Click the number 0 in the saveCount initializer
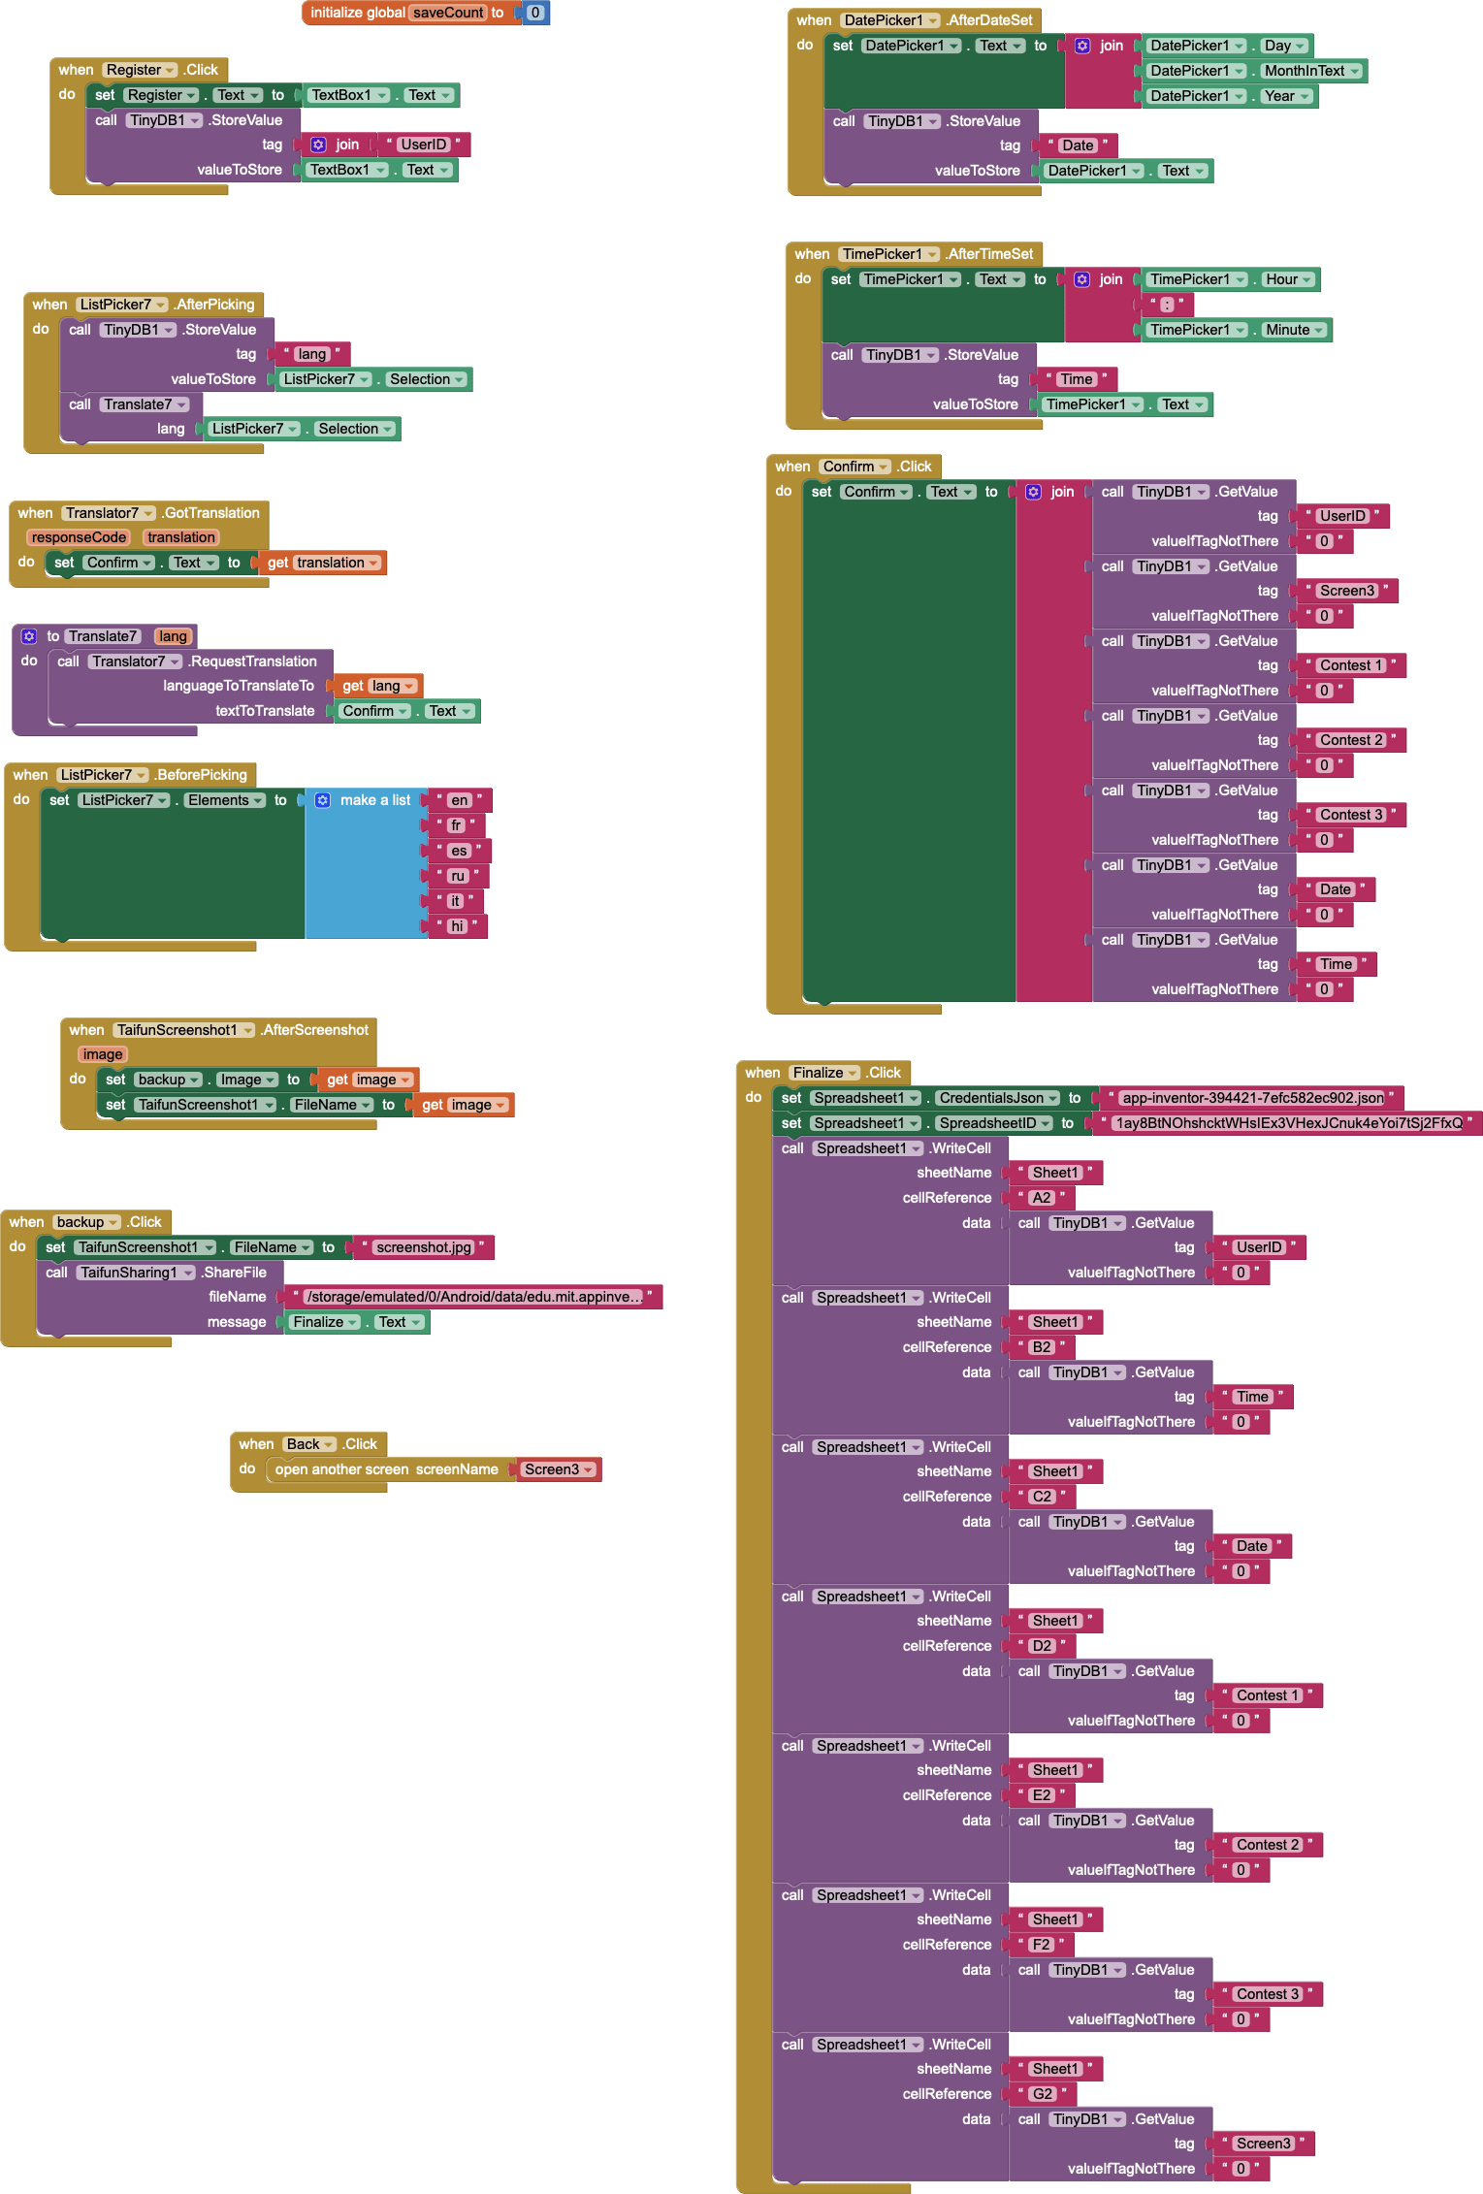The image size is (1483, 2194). pyautogui.click(x=534, y=13)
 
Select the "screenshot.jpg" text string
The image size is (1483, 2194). pyautogui.click(x=424, y=1247)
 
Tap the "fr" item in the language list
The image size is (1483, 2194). pyautogui.click(x=456, y=825)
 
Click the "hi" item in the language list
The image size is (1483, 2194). pyautogui.click(x=457, y=926)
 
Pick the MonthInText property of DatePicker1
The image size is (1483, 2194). pyautogui.click(x=1305, y=71)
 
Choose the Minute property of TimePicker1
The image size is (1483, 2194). pyautogui.click(x=1287, y=330)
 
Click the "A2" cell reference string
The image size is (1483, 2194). pyautogui.click(x=1042, y=1198)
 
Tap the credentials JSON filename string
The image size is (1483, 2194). pyautogui.click(x=1252, y=1098)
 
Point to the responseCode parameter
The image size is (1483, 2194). pyautogui.click(x=79, y=537)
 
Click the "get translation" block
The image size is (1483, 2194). pyautogui.click(x=322, y=563)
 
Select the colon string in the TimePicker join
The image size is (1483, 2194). pyautogui.click(x=1167, y=305)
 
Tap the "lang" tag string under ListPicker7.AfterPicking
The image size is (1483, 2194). pyautogui.click(x=311, y=354)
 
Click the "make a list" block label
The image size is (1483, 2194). pyautogui.click(x=374, y=800)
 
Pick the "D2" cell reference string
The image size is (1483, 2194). pyautogui.click(x=1042, y=1646)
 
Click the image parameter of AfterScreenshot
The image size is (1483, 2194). pyautogui.click(x=103, y=1054)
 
